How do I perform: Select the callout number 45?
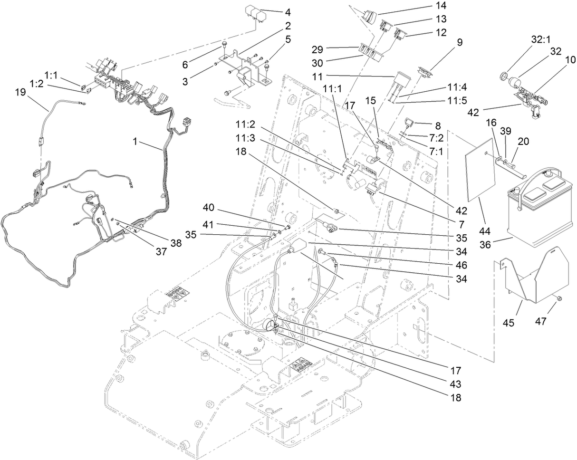click(x=509, y=323)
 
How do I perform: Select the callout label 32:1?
click(x=540, y=39)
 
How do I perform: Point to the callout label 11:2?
click(x=245, y=125)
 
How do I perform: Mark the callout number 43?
click(x=455, y=384)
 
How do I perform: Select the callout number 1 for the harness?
click(x=135, y=142)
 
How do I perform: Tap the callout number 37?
click(x=161, y=251)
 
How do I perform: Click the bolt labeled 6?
click(x=223, y=46)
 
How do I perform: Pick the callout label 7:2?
click(x=436, y=138)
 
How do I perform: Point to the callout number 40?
click(x=208, y=207)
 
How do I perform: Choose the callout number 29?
click(x=317, y=49)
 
